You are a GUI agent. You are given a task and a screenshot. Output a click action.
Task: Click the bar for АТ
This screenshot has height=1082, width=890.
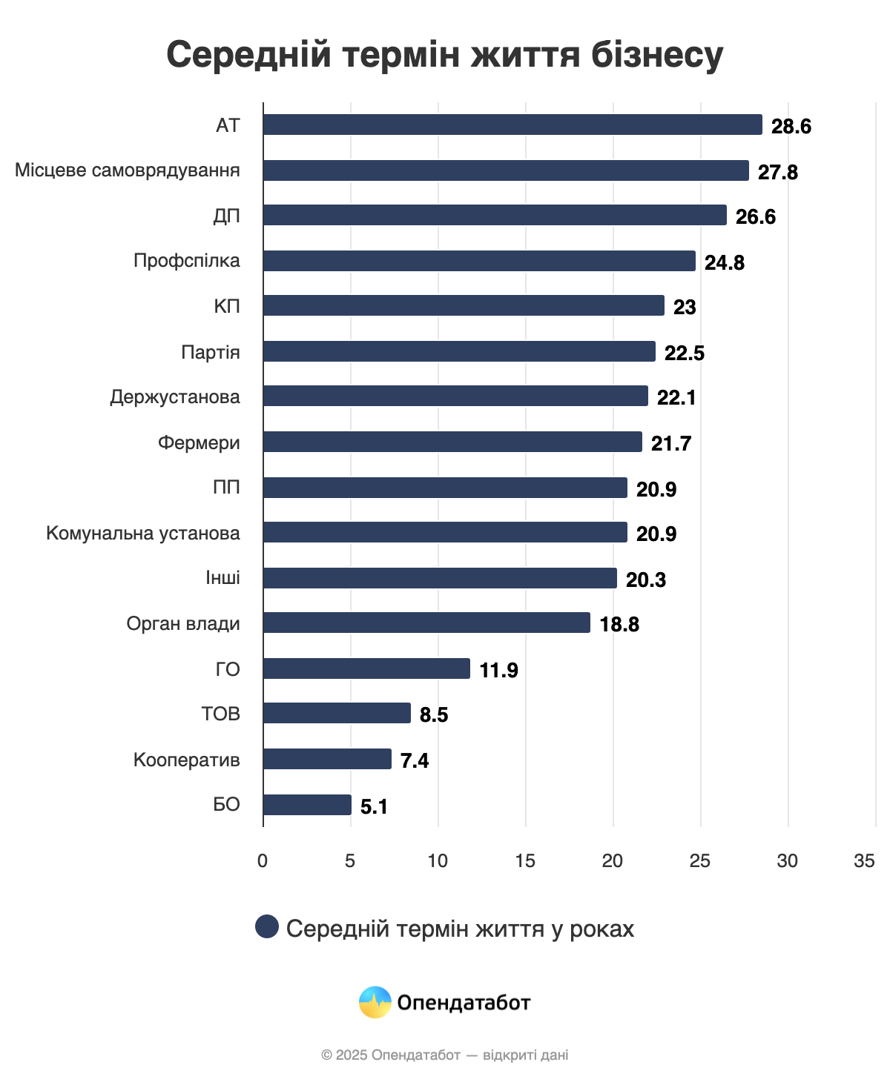point(512,125)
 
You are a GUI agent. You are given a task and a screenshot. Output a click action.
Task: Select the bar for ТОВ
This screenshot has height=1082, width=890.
point(337,713)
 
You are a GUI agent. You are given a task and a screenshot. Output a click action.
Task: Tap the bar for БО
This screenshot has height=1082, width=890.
point(307,805)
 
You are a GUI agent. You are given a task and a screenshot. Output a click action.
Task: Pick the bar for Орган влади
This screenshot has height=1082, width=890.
point(426,623)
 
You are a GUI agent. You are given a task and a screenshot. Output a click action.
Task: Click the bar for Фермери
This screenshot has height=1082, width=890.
point(452,442)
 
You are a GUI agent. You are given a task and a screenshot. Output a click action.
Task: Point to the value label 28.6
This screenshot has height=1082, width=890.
point(791,127)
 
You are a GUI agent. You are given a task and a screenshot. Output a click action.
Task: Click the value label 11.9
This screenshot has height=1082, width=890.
point(498,671)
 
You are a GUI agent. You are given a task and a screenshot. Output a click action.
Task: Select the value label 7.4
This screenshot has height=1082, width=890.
point(415,761)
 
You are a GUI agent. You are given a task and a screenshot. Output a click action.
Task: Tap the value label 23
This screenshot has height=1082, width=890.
point(684,308)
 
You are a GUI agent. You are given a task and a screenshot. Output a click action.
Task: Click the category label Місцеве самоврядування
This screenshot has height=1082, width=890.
point(128,170)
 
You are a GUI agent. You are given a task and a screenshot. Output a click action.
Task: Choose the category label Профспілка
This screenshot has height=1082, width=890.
point(186,261)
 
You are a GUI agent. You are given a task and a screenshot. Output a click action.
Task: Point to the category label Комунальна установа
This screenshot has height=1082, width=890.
point(142,534)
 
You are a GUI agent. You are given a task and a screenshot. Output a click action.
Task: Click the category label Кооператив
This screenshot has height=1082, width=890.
point(186,760)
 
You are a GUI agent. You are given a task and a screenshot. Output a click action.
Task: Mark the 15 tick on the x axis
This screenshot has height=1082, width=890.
point(525,861)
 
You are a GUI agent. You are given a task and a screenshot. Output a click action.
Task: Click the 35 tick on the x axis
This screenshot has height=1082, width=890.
point(864,861)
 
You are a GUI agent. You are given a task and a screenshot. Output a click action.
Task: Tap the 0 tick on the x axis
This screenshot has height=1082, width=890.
point(263,861)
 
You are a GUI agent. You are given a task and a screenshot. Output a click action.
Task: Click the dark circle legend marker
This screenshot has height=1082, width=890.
point(267,926)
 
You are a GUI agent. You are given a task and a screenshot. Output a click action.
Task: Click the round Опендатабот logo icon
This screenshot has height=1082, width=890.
point(375,1003)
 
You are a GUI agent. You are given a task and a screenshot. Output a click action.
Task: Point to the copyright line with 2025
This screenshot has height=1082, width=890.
point(445,1055)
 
